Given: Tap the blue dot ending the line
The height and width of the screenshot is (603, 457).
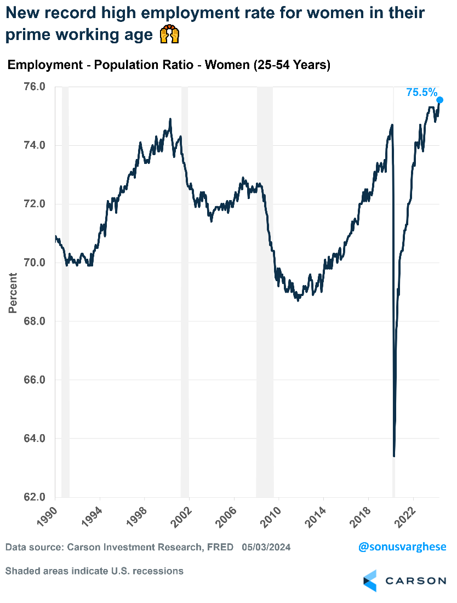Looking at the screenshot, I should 439,100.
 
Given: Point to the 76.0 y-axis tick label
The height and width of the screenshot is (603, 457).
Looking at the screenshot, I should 35,87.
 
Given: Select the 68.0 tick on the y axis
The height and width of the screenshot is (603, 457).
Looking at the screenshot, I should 35,321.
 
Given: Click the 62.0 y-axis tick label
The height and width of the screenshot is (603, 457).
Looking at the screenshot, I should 35,497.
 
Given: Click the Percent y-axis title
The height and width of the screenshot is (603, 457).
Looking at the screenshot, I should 13,293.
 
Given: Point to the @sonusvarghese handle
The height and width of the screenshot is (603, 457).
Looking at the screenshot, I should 402,547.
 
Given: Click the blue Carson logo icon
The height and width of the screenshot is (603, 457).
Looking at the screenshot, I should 370,581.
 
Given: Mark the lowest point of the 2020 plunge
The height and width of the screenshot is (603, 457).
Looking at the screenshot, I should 394,456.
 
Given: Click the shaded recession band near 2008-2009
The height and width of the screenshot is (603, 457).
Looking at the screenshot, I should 265,291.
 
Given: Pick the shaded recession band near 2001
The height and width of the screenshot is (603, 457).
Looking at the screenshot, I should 185,291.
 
